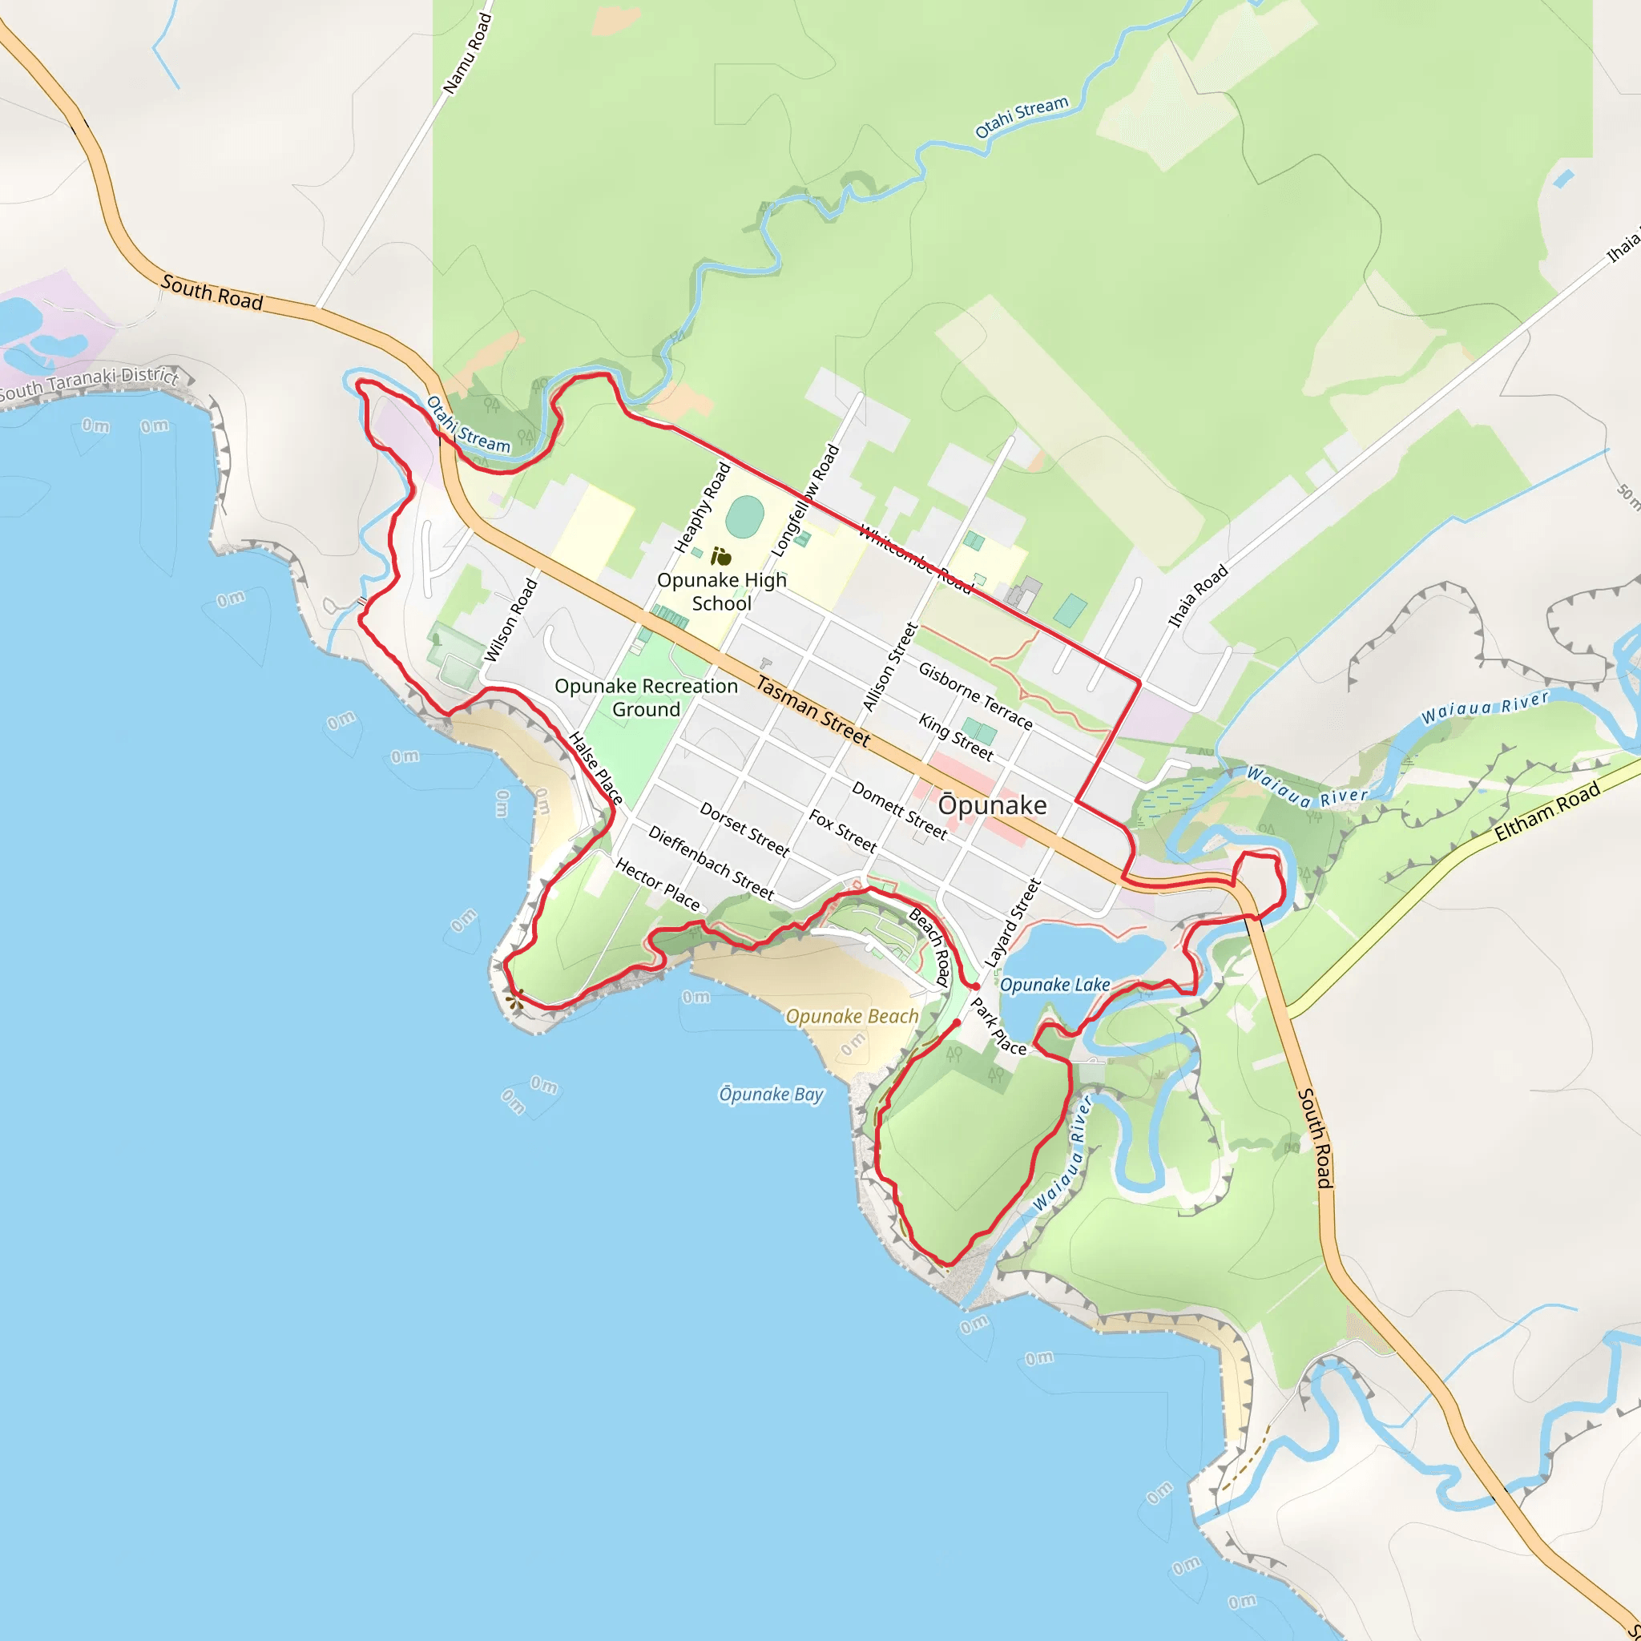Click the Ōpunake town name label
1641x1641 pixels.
coord(992,804)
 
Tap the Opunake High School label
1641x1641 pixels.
coord(721,591)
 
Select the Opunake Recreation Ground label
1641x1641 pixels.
coord(646,697)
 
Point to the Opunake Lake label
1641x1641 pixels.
coord(1054,985)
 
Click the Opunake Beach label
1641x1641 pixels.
coord(851,1016)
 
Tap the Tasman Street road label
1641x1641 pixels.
coord(812,711)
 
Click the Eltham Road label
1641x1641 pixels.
coord(1546,811)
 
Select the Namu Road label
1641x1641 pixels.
coord(467,53)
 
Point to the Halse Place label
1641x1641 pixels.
coord(595,768)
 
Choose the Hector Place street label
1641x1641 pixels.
coord(657,885)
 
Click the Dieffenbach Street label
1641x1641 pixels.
coord(711,862)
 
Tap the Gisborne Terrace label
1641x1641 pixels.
coord(975,696)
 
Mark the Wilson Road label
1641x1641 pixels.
coord(510,620)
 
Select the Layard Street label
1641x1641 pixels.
coord(1012,922)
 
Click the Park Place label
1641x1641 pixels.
coord(998,1026)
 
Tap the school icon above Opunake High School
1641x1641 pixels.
coord(721,557)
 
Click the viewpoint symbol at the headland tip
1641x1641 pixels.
coord(513,1003)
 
